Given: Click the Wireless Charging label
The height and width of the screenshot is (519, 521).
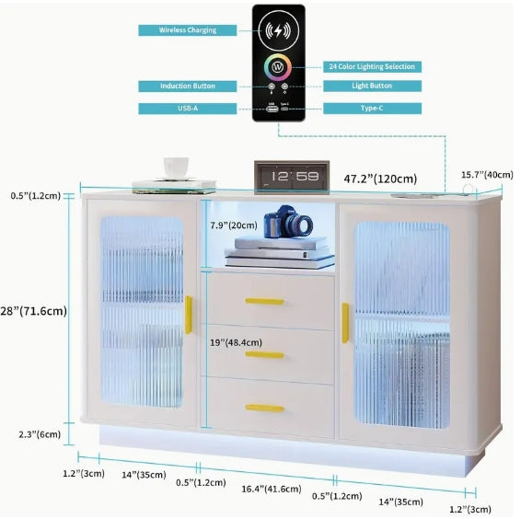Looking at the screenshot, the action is click(188, 30).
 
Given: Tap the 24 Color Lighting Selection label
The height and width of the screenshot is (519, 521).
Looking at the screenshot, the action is click(372, 67).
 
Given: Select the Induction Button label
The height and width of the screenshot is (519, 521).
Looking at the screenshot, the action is click(188, 86).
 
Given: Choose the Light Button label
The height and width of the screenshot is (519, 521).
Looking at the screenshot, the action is click(372, 86).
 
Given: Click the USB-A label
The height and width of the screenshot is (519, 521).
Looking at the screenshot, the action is click(188, 109).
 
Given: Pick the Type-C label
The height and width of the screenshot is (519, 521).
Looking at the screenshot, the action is click(372, 109).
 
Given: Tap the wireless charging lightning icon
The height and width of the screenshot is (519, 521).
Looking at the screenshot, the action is click(278, 30).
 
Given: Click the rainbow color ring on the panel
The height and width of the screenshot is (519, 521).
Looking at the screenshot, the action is click(278, 67).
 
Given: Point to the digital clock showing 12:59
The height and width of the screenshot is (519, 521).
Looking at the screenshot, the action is click(292, 177).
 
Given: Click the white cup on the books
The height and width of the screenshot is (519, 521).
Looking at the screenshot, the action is click(176, 168).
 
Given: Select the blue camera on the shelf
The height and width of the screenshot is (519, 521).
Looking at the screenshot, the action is click(288, 222).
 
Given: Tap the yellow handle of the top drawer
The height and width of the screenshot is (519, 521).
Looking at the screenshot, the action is click(264, 301).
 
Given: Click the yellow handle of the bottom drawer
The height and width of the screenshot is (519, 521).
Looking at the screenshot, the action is click(264, 408).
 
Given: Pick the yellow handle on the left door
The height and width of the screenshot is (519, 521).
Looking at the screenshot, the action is click(189, 315).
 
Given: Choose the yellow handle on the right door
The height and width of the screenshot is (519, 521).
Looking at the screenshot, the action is click(345, 323).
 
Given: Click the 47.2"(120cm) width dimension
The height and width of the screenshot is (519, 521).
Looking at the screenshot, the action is click(380, 179).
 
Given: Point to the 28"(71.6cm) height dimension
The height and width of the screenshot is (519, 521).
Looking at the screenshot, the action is click(33, 311).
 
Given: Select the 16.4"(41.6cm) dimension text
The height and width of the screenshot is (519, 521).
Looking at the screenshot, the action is click(272, 489).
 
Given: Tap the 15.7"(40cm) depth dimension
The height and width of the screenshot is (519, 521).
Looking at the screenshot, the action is click(487, 175).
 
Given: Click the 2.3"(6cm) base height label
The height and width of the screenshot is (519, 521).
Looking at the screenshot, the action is click(40, 434).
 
